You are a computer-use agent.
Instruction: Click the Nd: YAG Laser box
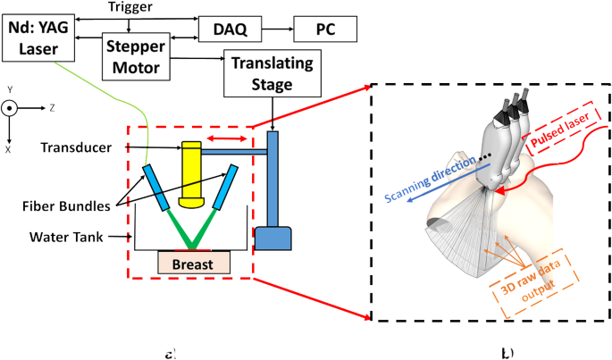pyautogui.click(x=38, y=34)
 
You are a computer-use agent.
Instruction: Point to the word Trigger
pyautogui.click(x=130, y=6)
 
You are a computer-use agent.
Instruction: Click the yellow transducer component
pyautogui.click(x=192, y=170)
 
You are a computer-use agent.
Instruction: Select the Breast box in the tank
pyautogui.click(x=194, y=264)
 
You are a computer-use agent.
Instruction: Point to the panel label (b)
pyautogui.click(x=506, y=352)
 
